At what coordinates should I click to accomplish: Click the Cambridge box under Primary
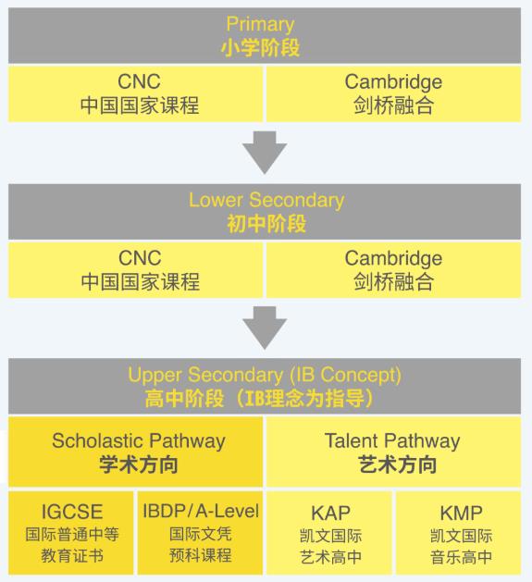pos(393,93)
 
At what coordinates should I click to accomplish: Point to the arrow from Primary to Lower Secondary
pos(266,153)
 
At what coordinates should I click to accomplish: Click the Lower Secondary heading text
pos(266,200)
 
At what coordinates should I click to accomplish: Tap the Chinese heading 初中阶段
pos(266,223)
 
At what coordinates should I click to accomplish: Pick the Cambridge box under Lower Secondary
pos(393,269)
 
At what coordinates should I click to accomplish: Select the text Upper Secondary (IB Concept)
pos(265,376)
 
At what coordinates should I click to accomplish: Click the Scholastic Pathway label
pos(138,440)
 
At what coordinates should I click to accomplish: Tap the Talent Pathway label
pos(392,440)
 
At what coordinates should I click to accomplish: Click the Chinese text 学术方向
pos(138,464)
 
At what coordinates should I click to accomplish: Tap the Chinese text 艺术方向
pos(392,464)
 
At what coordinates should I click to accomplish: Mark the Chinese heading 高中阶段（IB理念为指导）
pos(265,399)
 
